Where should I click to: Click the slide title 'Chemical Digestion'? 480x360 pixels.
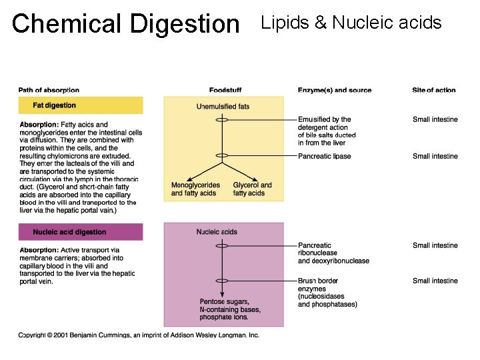(x=125, y=24)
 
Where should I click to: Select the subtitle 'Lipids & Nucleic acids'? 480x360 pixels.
(x=351, y=23)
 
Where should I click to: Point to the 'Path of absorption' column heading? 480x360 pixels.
(x=49, y=91)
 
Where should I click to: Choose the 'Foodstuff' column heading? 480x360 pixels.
(x=225, y=91)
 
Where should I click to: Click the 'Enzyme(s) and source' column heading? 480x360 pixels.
(x=335, y=91)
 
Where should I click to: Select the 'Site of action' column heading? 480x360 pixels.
(x=434, y=91)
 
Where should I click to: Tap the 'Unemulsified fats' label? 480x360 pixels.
(x=223, y=107)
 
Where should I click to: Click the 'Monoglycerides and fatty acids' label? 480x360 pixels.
(x=194, y=189)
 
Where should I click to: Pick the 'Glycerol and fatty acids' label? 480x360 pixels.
(x=252, y=189)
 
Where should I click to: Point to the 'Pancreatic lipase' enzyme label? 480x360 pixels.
(x=325, y=157)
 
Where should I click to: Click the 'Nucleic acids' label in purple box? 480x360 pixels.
(x=217, y=232)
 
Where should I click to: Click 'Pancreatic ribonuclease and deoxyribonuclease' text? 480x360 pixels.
(x=333, y=253)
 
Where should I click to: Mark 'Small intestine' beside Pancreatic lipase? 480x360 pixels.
(x=435, y=157)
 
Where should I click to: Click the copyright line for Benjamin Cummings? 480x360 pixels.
(x=139, y=335)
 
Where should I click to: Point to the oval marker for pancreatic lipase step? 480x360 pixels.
(x=222, y=156)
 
